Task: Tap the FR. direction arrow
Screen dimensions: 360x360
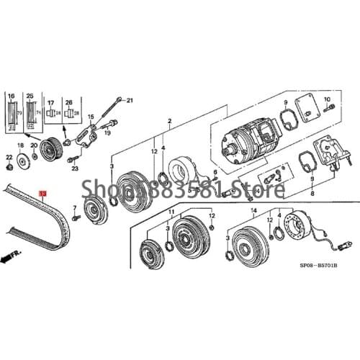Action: (12, 253)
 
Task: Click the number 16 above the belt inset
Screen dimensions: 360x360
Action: (12, 96)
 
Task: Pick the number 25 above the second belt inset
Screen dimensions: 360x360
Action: (30, 96)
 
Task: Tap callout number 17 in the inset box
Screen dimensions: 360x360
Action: (51, 103)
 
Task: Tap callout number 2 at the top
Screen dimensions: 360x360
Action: (169, 120)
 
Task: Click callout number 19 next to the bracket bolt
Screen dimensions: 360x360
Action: (106, 132)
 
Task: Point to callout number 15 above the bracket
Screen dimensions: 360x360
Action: (91, 116)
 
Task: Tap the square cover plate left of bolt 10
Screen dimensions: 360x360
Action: (300, 116)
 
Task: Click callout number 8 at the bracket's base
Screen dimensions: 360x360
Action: (310, 194)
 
